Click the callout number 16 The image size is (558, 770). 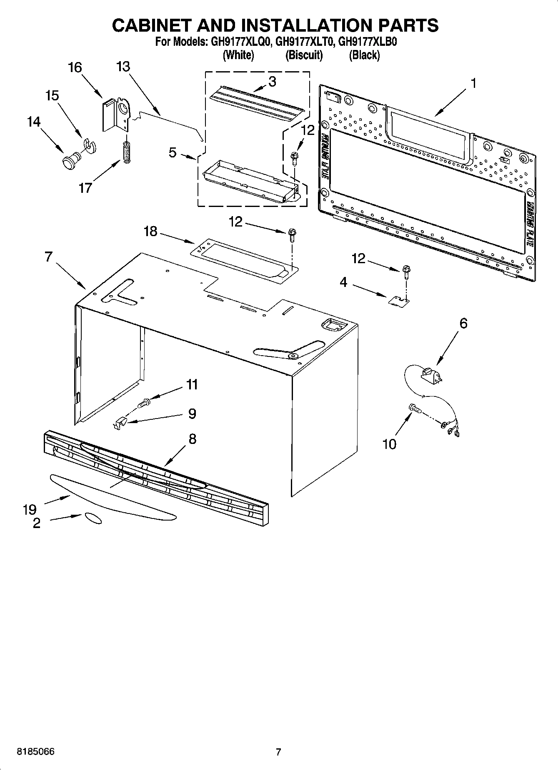coord(75,67)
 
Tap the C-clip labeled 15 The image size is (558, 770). coord(89,145)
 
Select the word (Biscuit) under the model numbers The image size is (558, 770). coord(304,55)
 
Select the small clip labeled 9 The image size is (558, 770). coord(120,423)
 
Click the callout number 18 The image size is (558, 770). coord(150,231)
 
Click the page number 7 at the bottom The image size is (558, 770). coord(278,752)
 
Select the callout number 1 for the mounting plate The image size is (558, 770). coord(473,83)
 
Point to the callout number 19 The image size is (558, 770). coord(30,509)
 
